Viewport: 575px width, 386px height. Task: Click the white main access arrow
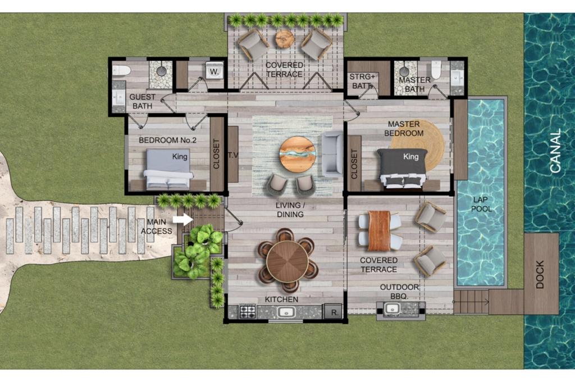tap(182, 220)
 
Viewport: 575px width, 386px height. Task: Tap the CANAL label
tap(555, 151)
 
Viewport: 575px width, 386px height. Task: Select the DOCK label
tap(540, 274)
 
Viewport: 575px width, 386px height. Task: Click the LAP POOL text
tap(481, 204)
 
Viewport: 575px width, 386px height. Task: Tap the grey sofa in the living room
tap(332, 154)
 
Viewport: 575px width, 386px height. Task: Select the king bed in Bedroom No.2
tap(168, 169)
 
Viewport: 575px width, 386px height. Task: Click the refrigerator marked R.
tap(334, 312)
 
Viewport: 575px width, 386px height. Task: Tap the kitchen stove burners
tap(248, 312)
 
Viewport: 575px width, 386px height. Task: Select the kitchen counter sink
tap(286, 312)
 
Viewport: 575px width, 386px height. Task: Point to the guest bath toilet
tap(121, 70)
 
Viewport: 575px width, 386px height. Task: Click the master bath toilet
tap(436, 70)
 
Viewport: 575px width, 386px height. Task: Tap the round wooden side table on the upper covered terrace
tap(285, 39)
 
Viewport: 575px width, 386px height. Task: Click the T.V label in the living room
tap(233, 155)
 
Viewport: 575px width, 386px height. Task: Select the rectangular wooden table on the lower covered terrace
tap(379, 231)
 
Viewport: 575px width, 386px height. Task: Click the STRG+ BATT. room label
tap(362, 81)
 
